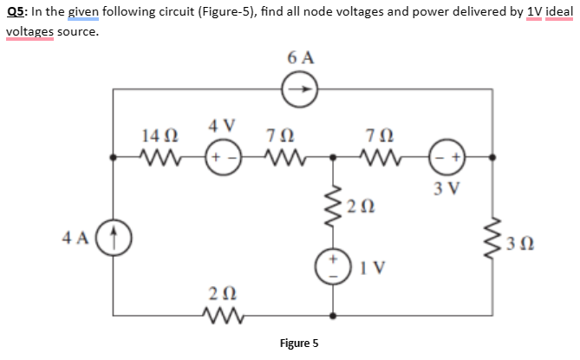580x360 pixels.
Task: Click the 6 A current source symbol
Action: [x=300, y=89]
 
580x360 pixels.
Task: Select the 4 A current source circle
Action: [x=114, y=238]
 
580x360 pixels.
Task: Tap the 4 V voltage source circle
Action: [x=224, y=157]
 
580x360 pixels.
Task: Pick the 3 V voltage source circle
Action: [x=446, y=157]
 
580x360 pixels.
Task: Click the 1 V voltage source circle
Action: [x=333, y=266]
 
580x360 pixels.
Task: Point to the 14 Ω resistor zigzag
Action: [x=160, y=157]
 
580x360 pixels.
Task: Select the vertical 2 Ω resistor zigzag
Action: [x=333, y=206]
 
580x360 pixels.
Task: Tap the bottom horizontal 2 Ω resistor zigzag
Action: [x=224, y=316]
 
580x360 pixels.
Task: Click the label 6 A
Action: [x=301, y=58]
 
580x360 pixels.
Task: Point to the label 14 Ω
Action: [x=160, y=136]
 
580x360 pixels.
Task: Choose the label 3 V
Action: [x=446, y=189]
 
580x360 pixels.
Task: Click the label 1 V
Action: [x=373, y=267]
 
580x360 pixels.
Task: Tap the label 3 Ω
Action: [x=519, y=245]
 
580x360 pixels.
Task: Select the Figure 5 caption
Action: [x=299, y=344]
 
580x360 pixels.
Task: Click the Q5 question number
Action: [x=15, y=12]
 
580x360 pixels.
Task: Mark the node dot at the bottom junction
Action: [x=333, y=316]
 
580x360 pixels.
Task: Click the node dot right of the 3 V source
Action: [x=492, y=157]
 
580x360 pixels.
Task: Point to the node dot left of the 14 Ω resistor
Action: [x=114, y=157]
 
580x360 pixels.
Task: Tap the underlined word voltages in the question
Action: [x=30, y=32]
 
